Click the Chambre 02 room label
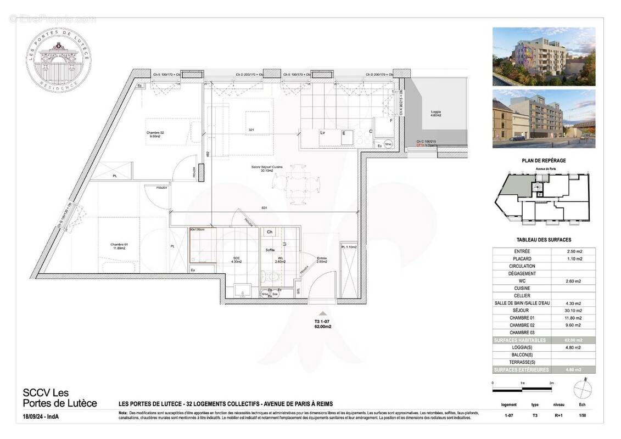click(155, 134)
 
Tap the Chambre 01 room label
click(118, 246)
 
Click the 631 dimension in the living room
click(265, 208)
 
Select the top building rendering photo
click(544, 57)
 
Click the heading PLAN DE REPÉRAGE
click(543, 160)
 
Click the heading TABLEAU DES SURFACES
click(544, 240)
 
